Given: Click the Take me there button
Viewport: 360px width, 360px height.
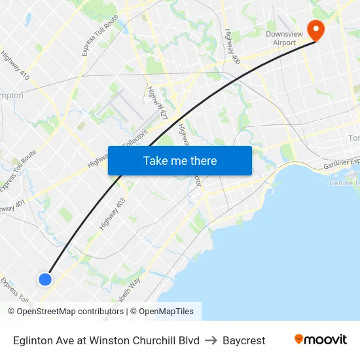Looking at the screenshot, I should (180, 160).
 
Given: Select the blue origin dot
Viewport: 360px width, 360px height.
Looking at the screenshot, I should (45, 279).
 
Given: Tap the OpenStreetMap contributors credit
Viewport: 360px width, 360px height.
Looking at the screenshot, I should (65, 312).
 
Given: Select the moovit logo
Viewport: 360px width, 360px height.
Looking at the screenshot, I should (320, 340).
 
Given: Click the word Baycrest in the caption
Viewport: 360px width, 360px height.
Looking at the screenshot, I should (243, 340).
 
